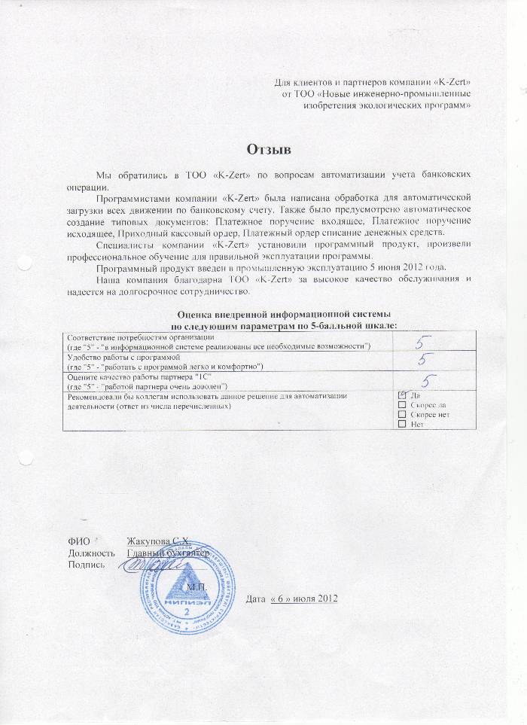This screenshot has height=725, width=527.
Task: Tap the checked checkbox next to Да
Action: [402, 394]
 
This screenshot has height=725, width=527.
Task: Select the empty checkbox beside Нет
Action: [402, 425]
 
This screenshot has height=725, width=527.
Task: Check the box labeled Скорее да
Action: [402, 404]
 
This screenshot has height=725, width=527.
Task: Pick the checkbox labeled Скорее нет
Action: [402, 414]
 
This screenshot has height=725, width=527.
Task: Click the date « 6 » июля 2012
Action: [303, 599]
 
